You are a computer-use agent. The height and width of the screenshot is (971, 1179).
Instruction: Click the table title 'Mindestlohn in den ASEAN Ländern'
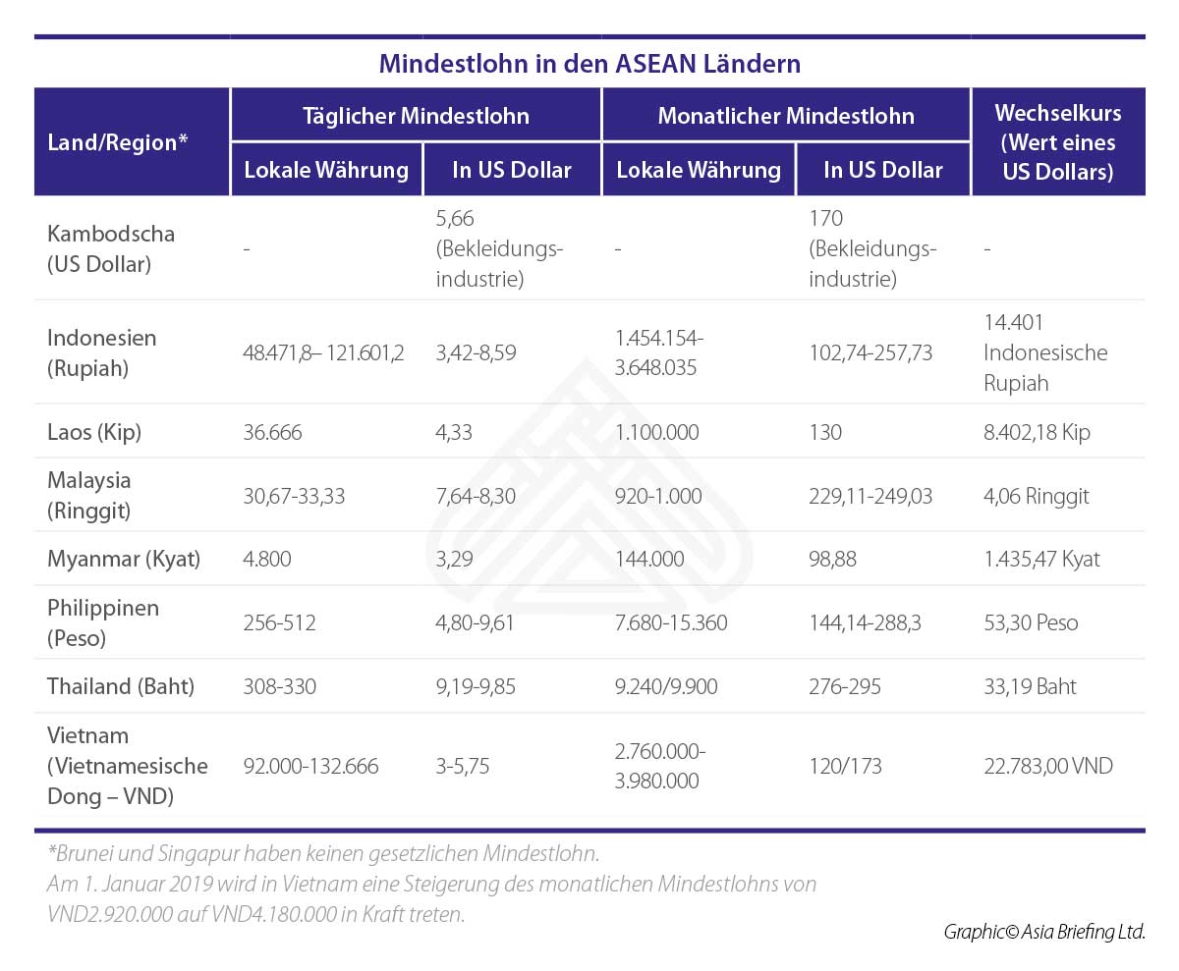pos(589,65)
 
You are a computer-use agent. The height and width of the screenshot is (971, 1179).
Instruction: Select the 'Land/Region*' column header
pos(117,142)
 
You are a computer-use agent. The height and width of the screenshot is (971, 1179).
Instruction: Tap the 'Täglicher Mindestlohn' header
pos(416,116)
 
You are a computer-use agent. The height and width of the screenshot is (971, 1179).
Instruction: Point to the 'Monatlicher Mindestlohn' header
pos(785,116)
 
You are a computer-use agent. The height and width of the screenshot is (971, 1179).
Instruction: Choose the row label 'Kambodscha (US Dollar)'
pos(111,249)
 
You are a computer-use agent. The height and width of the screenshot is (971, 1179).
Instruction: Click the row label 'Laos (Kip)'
pos(94,432)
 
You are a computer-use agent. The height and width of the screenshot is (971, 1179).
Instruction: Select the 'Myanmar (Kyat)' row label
pos(124,560)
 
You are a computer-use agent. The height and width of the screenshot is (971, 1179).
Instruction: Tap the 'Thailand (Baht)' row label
pos(121,686)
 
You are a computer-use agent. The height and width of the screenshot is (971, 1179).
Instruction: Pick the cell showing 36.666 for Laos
pos(272,432)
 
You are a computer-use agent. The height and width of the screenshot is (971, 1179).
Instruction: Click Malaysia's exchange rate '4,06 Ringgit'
pos(1036,496)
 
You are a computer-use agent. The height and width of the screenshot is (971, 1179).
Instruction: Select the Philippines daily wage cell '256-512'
pos(279,623)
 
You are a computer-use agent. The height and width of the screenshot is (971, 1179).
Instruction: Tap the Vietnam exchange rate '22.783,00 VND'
pos(1047,766)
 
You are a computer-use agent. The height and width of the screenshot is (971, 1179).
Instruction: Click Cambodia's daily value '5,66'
pos(455,219)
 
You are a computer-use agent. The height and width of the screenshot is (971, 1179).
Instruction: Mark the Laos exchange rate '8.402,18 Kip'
pos(1036,432)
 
